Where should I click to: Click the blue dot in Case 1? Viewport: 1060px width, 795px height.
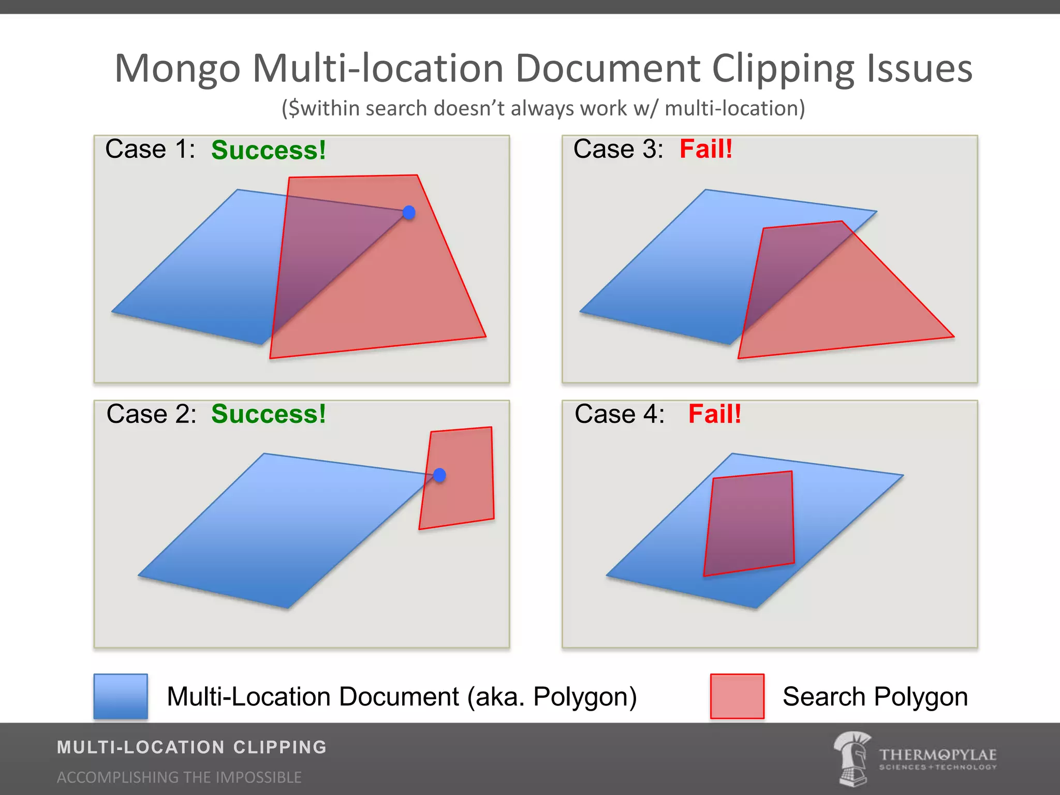pyautogui.click(x=409, y=212)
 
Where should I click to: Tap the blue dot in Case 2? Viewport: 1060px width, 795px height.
pyautogui.click(x=439, y=475)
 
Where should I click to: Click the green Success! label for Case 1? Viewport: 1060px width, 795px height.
pyautogui.click(x=268, y=150)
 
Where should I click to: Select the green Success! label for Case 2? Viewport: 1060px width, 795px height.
pyautogui.click(x=268, y=414)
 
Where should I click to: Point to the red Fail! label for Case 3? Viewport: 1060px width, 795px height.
pyautogui.click(x=706, y=149)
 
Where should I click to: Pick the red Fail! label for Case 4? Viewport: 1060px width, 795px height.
pyautogui.click(x=714, y=414)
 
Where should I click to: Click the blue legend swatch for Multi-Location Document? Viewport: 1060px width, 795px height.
pyautogui.click(x=121, y=696)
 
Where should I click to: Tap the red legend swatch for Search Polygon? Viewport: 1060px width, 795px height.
pyautogui.click(x=737, y=696)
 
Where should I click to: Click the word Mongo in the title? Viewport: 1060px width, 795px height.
pyautogui.click(x=178, y=69)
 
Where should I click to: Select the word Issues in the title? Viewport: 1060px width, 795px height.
pyautogui.click(x=920, y=69)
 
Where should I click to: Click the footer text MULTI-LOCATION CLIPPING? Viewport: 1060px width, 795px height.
pyautogui.click(x=192, y=747)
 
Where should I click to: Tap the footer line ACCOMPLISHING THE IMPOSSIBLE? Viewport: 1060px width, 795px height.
pyautogui.click(x=179, y=777)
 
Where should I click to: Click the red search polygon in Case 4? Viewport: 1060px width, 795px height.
pyautogui.click(x=749, y=523)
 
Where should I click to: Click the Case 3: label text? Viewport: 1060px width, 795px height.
pyautogui.click(x=618, y=149)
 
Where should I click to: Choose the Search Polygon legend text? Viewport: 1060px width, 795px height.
pyautogui.click(x=875, y=697)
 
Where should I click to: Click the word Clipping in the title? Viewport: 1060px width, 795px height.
pyautogui.click(x=783, y=69)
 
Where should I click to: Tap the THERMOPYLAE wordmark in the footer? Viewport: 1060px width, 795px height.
pyautogui.click(x=937, y=755)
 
